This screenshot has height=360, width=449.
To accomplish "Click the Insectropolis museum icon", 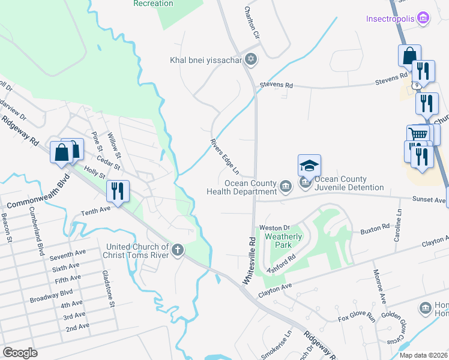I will [x=423, y=19].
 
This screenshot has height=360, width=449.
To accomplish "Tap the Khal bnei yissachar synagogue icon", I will [x=252, y=60].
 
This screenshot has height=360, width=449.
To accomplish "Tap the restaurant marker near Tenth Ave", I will [x=118, y=191].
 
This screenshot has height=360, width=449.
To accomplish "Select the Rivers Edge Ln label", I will [x=225, y=154].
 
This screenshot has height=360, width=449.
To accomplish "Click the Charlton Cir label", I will [x=252, y=23].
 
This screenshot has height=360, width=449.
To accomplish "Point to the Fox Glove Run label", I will [x=357, y=319].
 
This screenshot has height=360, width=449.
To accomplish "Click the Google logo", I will [x=20, y=352].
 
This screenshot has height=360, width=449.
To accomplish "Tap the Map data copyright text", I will [x=424, y=355].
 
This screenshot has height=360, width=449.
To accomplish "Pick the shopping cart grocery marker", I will [x=417, y=134].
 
